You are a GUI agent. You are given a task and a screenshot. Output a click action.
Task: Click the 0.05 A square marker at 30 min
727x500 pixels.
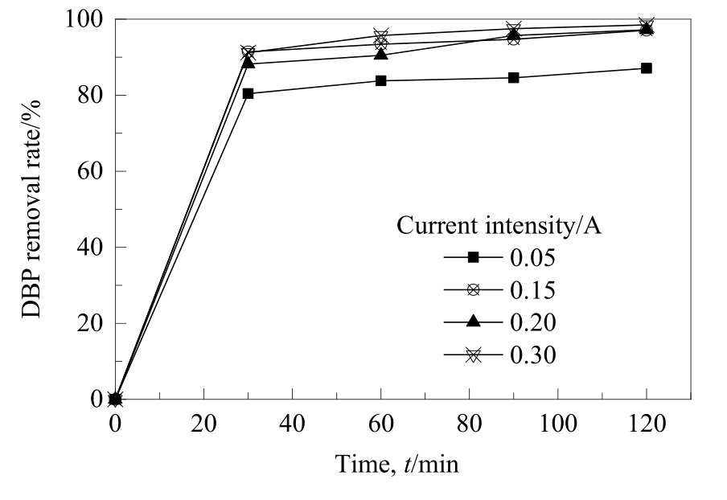(248, 93)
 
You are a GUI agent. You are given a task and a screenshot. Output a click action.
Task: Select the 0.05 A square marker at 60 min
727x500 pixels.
(380, 80)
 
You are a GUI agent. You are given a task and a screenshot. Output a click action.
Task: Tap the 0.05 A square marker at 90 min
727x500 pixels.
(513, 78)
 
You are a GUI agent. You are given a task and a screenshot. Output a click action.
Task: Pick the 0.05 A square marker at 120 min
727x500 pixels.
(646, 68)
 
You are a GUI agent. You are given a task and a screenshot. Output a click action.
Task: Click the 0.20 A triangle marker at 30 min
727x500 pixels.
(248, 63)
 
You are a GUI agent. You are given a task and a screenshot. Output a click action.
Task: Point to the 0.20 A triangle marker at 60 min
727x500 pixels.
(380, 54)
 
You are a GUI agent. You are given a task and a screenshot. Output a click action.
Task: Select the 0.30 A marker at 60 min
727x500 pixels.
(380, 36)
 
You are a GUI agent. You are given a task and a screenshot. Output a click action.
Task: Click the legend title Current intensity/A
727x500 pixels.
(500, 226)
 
